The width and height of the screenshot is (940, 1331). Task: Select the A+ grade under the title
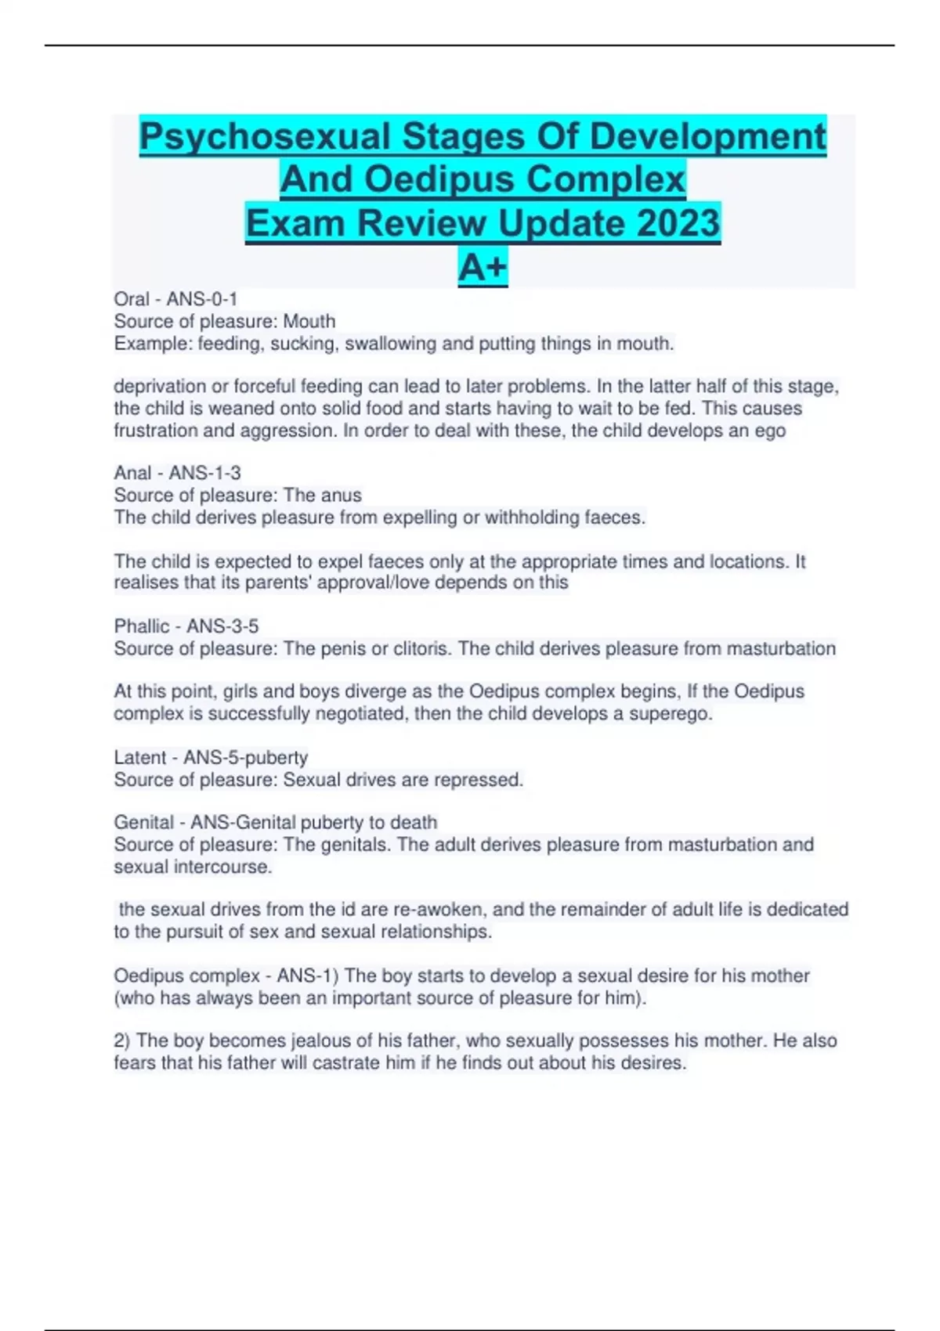click(x=483, y=267)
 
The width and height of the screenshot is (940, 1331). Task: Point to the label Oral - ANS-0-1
click(x=175, y=299)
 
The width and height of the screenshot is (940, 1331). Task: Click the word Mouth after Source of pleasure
click(x=309, y=321)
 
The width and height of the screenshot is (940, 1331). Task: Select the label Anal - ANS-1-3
click(x=177, y=473)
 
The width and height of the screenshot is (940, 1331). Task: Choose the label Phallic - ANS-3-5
click(x=186, y=626)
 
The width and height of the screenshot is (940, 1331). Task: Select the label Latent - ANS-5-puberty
click(x=211, y=758)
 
